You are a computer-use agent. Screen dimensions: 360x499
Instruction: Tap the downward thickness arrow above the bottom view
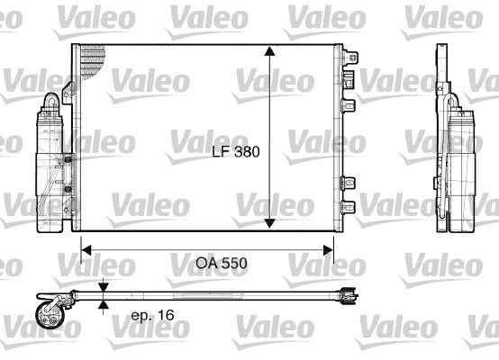(x=105, y=286)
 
